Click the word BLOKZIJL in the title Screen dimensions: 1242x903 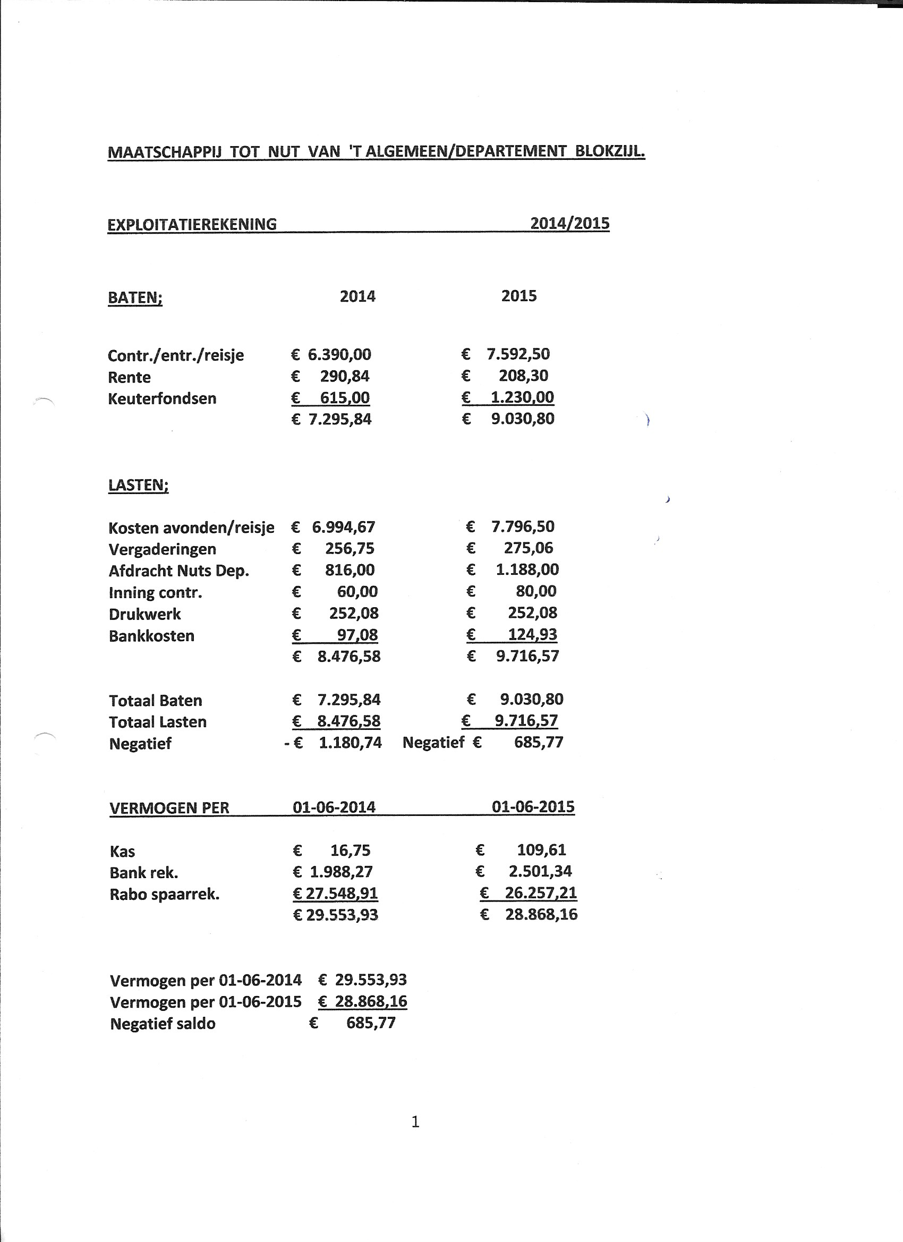609,151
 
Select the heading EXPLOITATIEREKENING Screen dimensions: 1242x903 192,225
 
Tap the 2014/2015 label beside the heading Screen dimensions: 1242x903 569,224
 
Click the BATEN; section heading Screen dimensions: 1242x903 135,298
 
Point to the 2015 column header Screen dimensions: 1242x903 518,296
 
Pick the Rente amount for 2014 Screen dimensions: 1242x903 344,377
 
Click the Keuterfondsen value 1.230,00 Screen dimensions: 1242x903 522,397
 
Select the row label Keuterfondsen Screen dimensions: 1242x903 162,398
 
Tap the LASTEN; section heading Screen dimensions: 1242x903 139,485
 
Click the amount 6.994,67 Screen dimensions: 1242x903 343,528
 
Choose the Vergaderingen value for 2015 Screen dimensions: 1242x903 528,548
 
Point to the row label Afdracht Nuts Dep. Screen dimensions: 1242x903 179,571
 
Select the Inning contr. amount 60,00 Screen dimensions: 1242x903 357,592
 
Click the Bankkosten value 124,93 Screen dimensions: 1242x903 532,635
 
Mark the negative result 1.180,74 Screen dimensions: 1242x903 350,743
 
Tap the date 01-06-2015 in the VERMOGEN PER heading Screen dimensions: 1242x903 533,806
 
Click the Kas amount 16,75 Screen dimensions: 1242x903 350,850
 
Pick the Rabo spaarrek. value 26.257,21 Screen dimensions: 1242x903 541,893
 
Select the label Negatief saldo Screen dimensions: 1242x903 163,1024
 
